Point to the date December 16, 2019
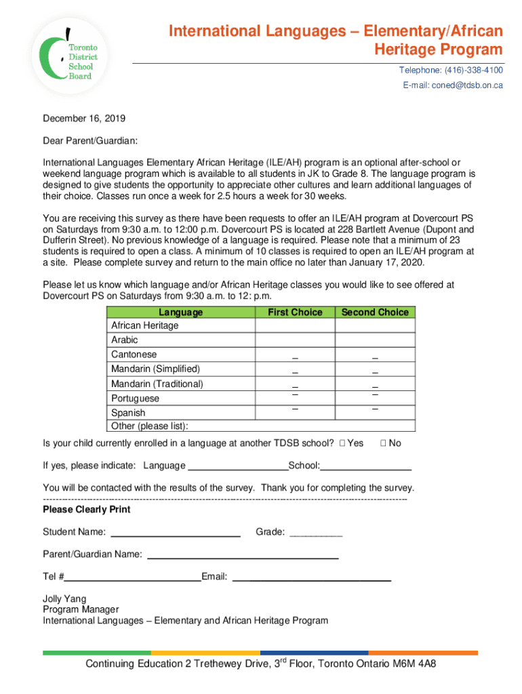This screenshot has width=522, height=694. [x=84, y=118]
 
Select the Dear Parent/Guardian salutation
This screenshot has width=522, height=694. [x=90, y=140]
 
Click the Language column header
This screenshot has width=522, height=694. [x=180, y=312]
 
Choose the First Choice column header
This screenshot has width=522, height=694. [x=295, y=312]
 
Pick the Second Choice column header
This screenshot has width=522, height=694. [x=375, y=312]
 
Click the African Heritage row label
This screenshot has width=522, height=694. [x=144, y=326]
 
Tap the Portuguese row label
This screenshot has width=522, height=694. [x=135, y=399]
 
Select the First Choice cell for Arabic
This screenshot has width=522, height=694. [x=295, y=340]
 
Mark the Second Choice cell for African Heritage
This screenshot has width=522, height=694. [x=375, y=326]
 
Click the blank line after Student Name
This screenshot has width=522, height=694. [x=175, y=533]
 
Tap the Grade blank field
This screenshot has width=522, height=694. [x=316, y=533]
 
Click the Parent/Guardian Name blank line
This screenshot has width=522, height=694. [x=243, y=555]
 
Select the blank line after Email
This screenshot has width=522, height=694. [x=312, y=577]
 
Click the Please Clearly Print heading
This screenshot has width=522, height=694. [x=86, y=510]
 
